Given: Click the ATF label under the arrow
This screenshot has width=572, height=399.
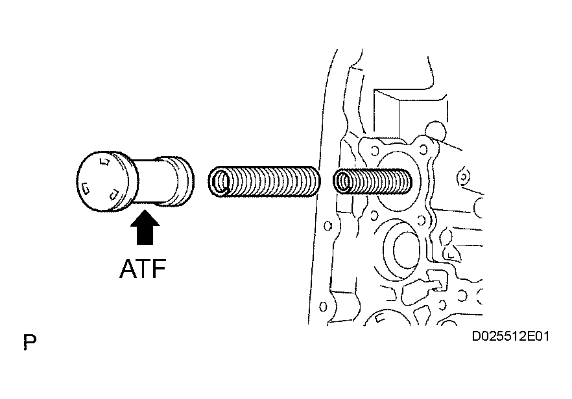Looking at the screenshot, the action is tap(143, 269).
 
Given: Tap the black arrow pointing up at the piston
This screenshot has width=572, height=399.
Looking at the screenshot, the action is tap(145, 227).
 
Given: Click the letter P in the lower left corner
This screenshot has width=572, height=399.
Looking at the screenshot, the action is tap(30, 342).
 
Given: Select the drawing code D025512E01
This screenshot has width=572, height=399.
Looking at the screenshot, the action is tap(510, 336).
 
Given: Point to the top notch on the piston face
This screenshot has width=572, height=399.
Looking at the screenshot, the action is tap(104, 161).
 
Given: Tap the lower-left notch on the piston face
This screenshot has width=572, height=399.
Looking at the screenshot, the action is tap(86, 188).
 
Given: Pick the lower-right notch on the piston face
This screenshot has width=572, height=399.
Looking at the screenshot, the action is tap(114, 196).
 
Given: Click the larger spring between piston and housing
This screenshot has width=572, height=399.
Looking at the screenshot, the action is tap(264, 181).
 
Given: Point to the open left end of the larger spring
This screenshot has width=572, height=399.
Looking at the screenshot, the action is tap(220, 181).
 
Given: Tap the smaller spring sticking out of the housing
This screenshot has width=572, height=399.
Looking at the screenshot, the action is tap(372, 181).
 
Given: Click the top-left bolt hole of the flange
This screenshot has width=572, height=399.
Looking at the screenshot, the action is tap(373, 150).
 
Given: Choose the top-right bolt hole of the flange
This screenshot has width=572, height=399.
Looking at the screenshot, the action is tap(423, 149).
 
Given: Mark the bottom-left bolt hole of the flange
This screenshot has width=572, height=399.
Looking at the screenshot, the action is tap(374, 216).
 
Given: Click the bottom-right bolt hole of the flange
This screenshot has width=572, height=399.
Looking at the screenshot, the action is tap(422, 220).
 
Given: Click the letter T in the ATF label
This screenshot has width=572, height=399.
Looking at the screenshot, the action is tap(143, 269).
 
